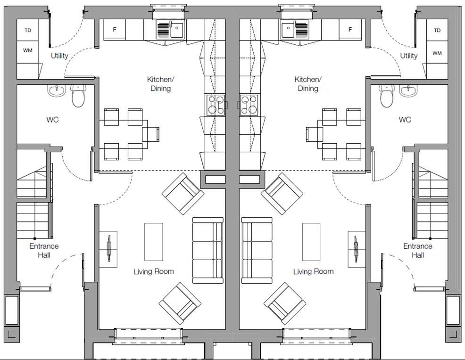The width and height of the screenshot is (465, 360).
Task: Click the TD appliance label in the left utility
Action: [x=27, y=30]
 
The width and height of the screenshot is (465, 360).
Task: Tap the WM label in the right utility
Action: [x=437, y=53]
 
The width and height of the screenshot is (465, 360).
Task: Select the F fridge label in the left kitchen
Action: [x=115, y=30]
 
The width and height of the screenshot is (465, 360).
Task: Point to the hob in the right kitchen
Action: [x=249, y=105]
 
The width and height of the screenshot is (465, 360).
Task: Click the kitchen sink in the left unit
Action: [x=170, y=30]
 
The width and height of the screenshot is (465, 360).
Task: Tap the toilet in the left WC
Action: [x=78, y=95]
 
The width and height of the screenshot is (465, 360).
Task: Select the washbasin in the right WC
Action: [x=408, y=90]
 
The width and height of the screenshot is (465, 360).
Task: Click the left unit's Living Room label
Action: [x=154, y=271]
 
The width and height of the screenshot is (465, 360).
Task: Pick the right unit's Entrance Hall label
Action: [x=417, y=251]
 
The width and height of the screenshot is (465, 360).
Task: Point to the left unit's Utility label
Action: [x=59, y=56]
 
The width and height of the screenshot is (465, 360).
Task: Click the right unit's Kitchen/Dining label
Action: [x=308, y=84]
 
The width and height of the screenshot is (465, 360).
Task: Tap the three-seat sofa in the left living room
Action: [x=208, y=250]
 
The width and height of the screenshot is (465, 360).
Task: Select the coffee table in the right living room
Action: [x=311, y=242]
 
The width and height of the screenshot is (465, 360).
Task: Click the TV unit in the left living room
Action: [x=108, y=249]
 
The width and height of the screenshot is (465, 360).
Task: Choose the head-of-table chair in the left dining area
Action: [x=150, y=134]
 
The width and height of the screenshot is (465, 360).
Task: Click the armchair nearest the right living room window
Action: [x=285, y=303]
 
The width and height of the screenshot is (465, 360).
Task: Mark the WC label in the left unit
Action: [x=52, y=120]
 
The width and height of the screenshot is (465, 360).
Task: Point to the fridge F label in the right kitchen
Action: [x=350, y=30]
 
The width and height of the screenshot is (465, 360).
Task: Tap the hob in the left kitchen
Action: [x=216, y=105]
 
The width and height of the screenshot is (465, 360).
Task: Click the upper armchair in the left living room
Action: [x=183, y=194]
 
